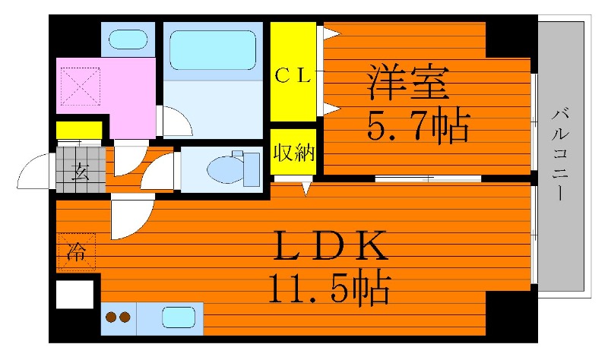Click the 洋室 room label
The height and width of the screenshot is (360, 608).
[407, 84]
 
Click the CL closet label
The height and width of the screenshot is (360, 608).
[293, 75]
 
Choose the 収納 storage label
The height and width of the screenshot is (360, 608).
[293, 152]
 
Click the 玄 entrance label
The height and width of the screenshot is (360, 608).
[79, 170]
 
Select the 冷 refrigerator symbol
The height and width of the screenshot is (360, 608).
[75, 251]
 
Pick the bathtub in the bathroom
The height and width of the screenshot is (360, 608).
[212, 51]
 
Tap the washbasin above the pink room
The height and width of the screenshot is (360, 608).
[128, 38]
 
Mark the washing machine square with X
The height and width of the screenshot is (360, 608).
[81, 85]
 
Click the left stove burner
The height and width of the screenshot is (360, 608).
[111, 318]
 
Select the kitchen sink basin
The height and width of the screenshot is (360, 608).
[177, 317]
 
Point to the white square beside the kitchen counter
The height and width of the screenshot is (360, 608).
[74, 294]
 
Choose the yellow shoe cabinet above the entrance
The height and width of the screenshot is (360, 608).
[78, 130]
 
